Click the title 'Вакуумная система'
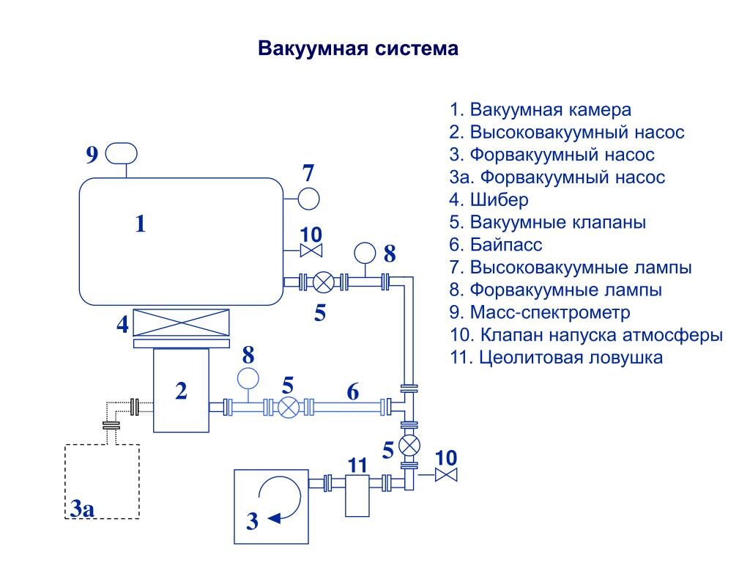[x=358, y=50]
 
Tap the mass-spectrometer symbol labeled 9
[x=122, y=153]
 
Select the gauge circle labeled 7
[x=308, y=198]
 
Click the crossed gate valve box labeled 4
[x=182, y=323]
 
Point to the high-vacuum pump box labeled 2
[x=180, y=391]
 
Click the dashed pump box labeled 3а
[x=103, y=480]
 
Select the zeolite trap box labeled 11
[x=357, y=495]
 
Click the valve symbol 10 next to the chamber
[x=311, y=251]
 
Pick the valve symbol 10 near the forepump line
[x=445, y=475]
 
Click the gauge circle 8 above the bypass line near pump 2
[x=248, y=378]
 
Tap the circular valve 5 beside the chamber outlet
[x=323, y=281]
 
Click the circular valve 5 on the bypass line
[x=289, y=406]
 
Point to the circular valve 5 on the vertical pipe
[x=409, y=445]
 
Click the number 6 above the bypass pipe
[x=353, y=392]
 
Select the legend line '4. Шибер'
[x=489, y=199]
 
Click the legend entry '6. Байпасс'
[x=496, y=244]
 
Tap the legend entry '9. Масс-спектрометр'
[x=540, y=313]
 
